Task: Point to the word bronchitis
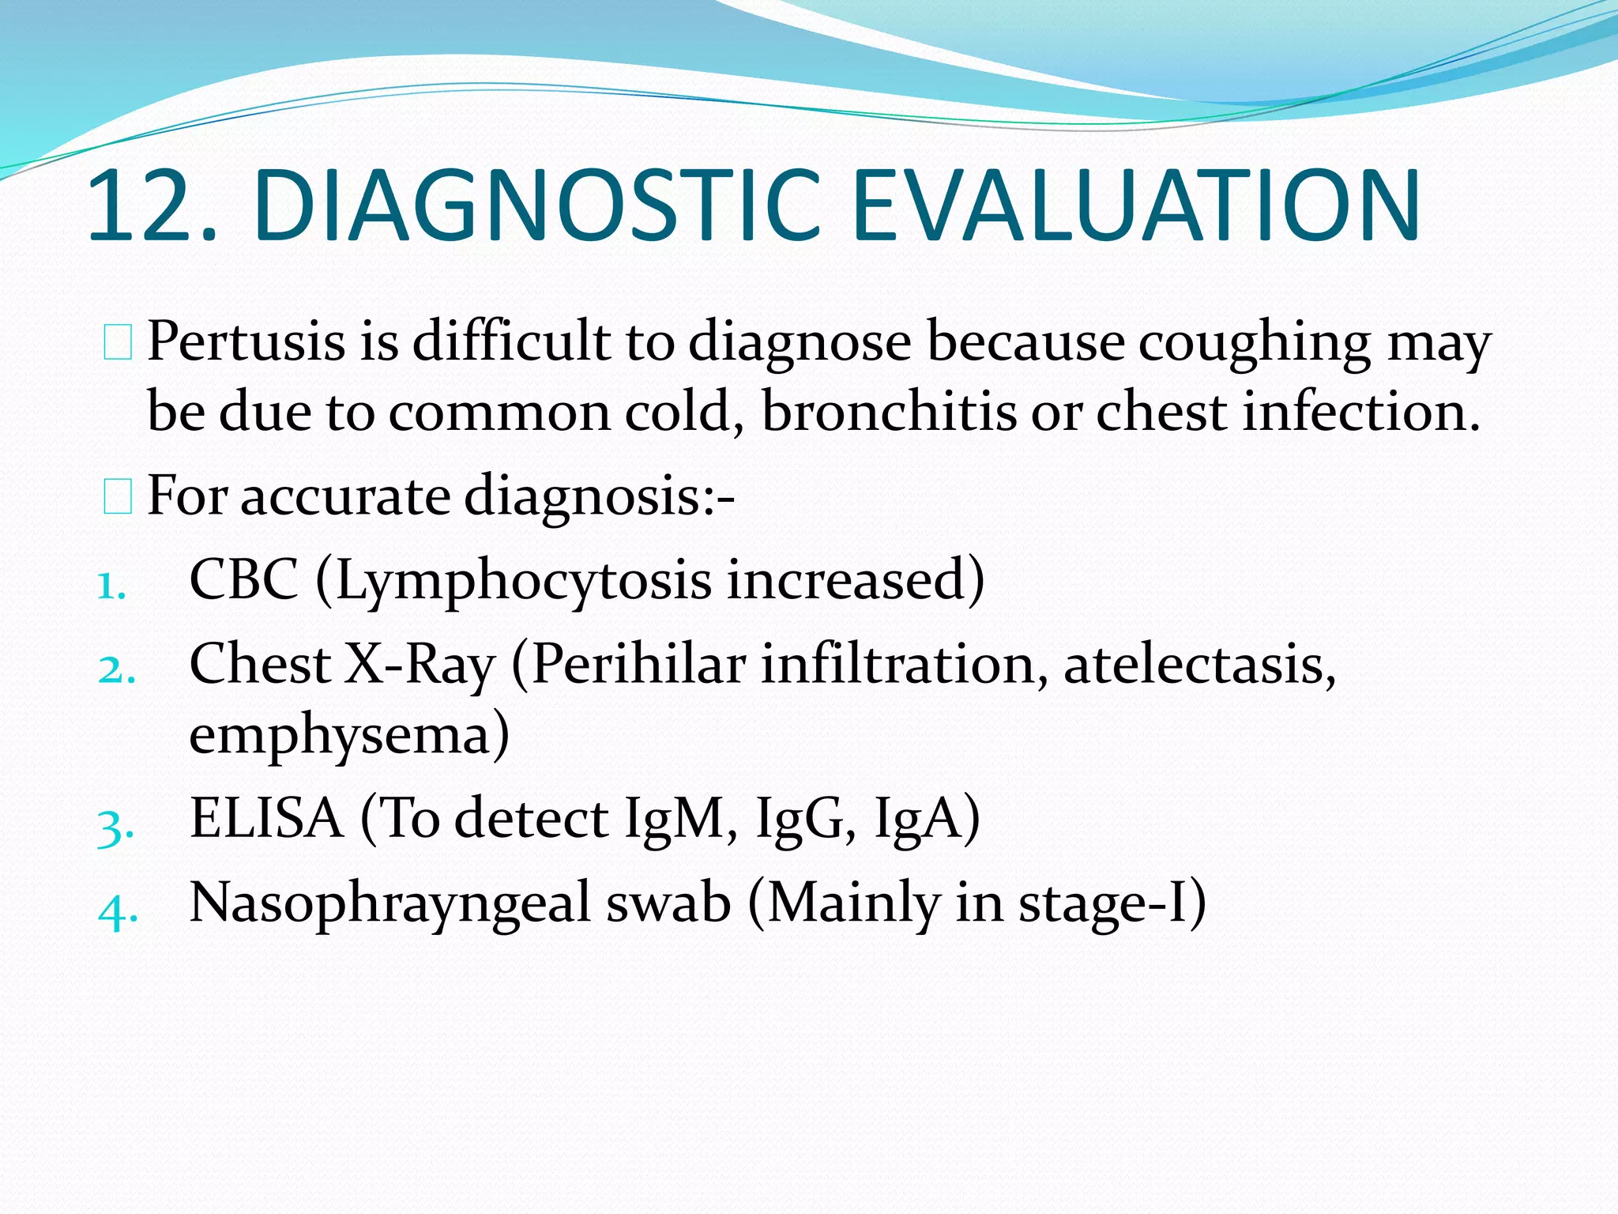pos(889,412)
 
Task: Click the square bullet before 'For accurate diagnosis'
pos(118,497)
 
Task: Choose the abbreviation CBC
pos(244,580)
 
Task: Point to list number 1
pos(111,586)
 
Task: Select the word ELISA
pos(266,818)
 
